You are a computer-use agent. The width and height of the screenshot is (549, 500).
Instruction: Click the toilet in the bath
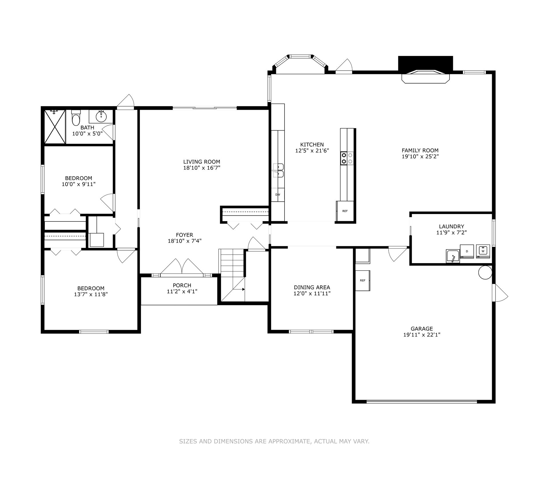[76, 118]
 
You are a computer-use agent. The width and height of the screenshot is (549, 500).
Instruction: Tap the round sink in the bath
[101, 116]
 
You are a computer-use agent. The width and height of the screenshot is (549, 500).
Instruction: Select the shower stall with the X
[55, 127]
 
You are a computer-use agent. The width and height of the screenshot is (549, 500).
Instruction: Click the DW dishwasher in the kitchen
[278, 195]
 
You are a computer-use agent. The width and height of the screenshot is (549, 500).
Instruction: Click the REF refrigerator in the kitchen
[345, 211]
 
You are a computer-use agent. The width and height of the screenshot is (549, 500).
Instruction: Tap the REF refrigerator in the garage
[363, 281]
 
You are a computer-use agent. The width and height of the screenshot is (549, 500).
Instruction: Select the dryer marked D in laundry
[467, 251]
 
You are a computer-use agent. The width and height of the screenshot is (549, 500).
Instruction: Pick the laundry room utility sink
[453, 256]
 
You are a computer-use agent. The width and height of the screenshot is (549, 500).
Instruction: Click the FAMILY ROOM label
[420, 150]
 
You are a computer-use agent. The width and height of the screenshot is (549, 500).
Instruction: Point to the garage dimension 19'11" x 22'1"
[422, 335]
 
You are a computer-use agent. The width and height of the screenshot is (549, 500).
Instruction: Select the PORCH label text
[182, 285]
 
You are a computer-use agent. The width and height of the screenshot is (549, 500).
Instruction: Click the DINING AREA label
[312, 287]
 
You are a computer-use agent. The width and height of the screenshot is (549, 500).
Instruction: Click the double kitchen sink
[278, 171]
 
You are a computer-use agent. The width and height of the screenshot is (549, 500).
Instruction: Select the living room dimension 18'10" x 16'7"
[202, 168]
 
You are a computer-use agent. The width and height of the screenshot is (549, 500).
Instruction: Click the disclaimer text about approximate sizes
[274, 441]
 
